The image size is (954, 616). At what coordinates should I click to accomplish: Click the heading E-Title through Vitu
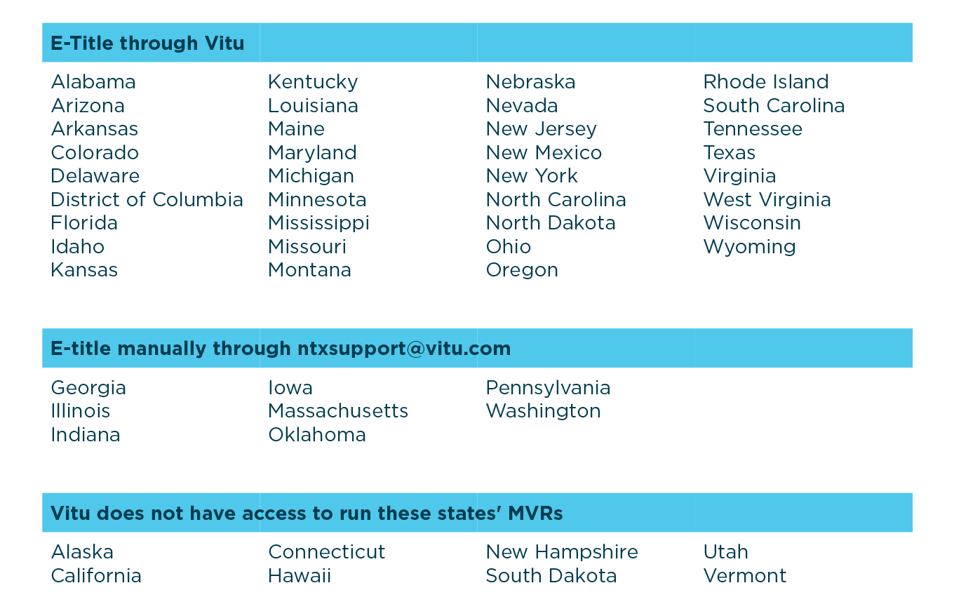(x=147, y=43)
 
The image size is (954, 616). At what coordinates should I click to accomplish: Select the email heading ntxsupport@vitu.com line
(x=281, y=349)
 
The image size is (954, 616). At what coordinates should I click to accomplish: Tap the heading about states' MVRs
(x=307, y=514)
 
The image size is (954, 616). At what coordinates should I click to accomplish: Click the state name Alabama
(x=93, y=82)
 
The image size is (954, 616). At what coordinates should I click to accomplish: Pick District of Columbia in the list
(x=147, y=200)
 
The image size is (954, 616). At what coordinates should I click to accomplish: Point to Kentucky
(x=313, y=82)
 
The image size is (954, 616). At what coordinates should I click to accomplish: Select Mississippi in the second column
(x=318, y=223)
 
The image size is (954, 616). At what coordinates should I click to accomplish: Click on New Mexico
(x=544, y=153)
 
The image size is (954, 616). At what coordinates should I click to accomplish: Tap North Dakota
(x=551, y=223)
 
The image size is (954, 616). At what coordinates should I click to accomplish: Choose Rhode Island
(x=766, y=82)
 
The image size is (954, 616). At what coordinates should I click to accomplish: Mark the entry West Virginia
(x=767, y=200)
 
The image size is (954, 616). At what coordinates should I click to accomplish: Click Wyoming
(x=749, y=247)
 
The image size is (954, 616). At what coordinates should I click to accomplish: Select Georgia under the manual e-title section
(x=88, y=388)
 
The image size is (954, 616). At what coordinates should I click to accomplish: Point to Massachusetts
(x=338, y=411)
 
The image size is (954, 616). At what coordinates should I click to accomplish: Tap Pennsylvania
(x=548, y=388)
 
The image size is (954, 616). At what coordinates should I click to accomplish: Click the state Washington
(x=543, y=411)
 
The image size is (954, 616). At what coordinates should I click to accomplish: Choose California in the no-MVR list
(x=96, y=576)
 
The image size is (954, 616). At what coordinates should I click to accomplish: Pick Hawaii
(x=300, y=576)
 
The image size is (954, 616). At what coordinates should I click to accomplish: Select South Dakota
(x=551, y=576)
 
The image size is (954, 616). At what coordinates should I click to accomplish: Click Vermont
(x=745, y=576)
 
